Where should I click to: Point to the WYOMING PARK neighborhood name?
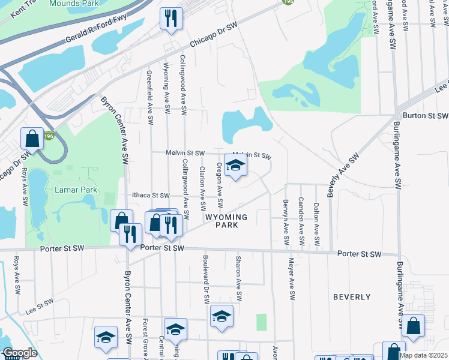tap(226, 221)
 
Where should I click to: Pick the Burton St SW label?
tap(426, 115)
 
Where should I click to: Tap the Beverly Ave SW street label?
tap(343, 175)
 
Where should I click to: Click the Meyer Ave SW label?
tap(291, 279)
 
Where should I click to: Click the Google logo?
tap(19, 353)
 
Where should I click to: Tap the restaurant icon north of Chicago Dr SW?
tap(171, 19)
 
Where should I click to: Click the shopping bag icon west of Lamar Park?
tap(32, 139)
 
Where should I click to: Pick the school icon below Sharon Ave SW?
tap(221, 317)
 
